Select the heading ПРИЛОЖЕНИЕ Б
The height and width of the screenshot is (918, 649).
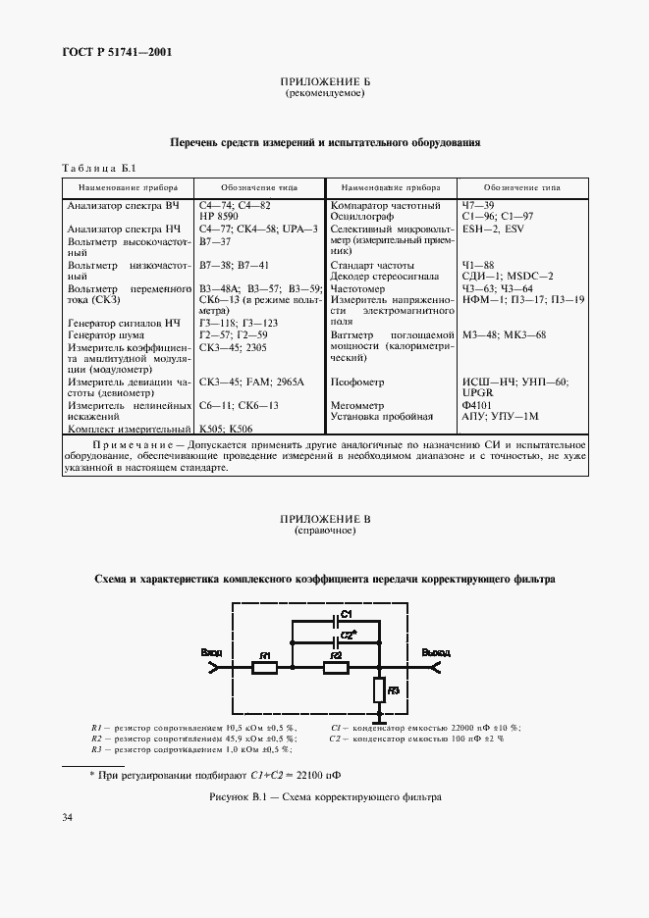tap(324, 82)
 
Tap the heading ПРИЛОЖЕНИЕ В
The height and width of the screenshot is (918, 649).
tap(324, 519)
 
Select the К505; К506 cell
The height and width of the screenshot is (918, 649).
tap(227, 429)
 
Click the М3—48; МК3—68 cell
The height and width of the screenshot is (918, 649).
tap(504, 334)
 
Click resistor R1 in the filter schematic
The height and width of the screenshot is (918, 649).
tap(264, 668)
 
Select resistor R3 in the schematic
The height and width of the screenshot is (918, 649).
tap(379, 692)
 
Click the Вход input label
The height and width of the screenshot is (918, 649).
tap(211, 651)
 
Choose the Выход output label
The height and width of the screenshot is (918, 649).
tap(436, 651)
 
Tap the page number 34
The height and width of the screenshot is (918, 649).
tap(68, 817)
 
